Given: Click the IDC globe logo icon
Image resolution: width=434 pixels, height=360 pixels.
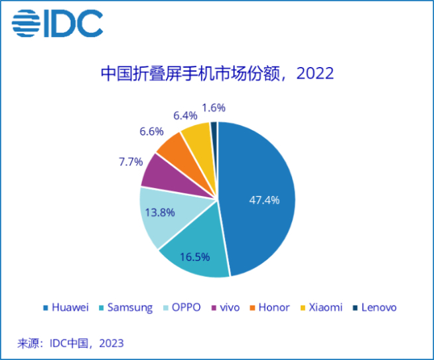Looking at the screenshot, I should coord(26,24).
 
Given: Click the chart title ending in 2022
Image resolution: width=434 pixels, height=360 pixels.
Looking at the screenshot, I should coord(216,73).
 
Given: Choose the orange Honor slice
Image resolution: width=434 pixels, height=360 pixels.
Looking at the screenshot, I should coord(174,147).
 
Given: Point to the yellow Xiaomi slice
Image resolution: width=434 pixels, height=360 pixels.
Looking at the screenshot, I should coord(197,135).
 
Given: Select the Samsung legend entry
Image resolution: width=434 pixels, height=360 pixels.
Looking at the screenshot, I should coord(125,308).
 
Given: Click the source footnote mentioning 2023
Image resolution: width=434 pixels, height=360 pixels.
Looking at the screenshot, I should coord(70,343).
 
